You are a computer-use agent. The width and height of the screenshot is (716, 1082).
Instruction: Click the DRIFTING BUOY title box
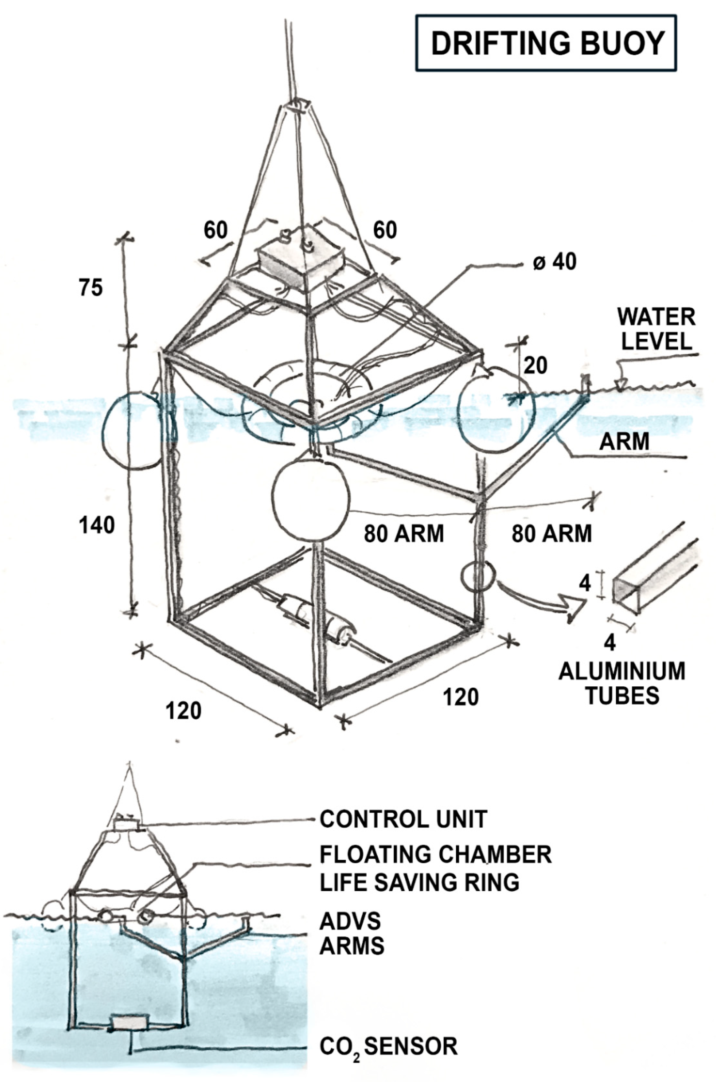click(546, 43)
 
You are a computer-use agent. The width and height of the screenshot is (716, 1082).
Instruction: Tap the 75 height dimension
click(91, 288)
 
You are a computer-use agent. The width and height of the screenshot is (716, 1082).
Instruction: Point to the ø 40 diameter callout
click(554, 262)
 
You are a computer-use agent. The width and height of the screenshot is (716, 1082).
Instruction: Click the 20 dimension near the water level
click(535, 366)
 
